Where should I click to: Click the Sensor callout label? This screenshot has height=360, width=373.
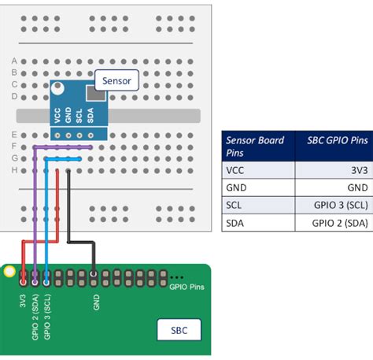[x=117, y=80]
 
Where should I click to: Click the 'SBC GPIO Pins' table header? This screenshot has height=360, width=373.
[x=336, y=146]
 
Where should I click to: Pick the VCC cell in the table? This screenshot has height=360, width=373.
[x=235, y=169]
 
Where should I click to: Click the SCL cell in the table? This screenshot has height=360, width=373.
[x=235, y=205]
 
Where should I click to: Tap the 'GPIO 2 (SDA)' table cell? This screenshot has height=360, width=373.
[x=339, y=223]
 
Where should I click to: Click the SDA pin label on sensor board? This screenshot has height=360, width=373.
[x=91, y=116]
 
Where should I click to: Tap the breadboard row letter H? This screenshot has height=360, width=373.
[x=14, y=169]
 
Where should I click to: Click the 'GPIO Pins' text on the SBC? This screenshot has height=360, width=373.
[x=187, y=288]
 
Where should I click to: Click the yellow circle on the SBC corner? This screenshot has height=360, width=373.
[x=9, y=273]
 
